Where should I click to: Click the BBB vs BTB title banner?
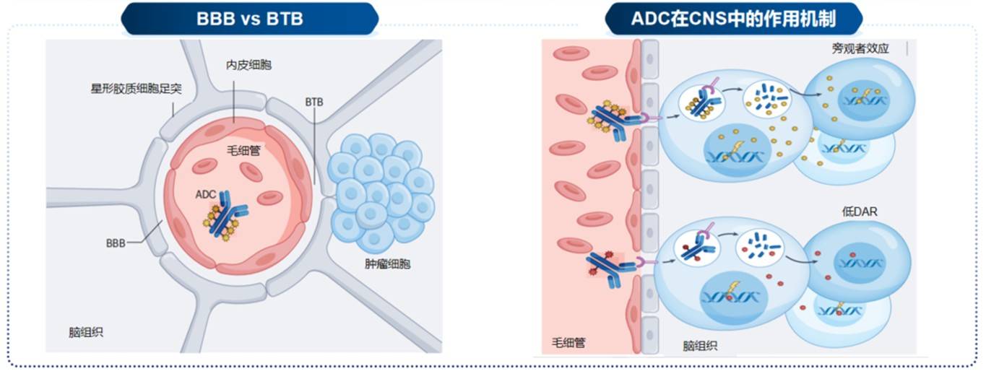[250, 19]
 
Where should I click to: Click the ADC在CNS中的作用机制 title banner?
[733, 19]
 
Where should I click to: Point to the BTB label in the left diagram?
[313, 103]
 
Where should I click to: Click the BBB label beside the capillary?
[116, 243]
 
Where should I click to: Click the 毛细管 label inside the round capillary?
[243, 150]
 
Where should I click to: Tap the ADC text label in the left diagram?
[206, 194]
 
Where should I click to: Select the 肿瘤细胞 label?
[388, 263]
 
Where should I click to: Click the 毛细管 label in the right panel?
[568, 342]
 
